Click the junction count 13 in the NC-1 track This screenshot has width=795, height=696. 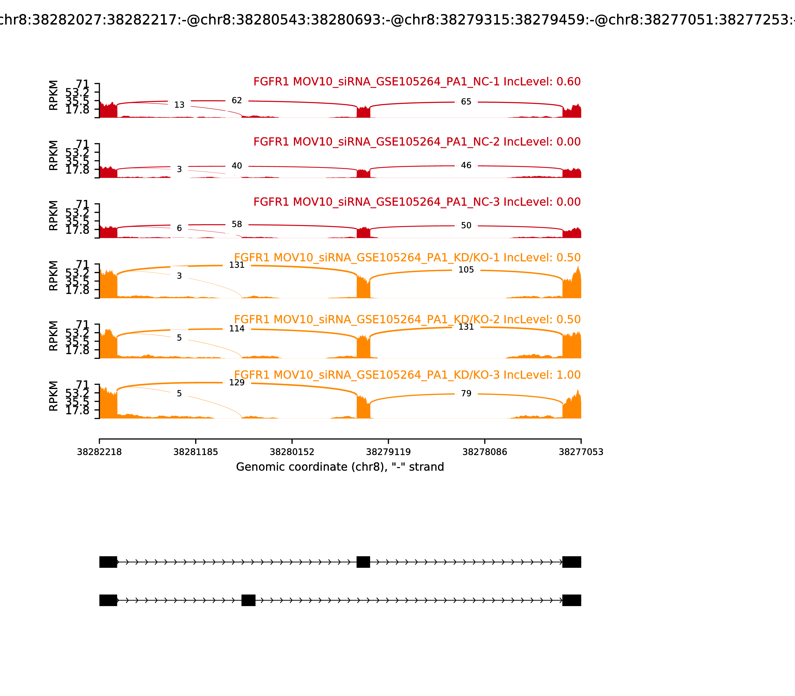coord(179,105)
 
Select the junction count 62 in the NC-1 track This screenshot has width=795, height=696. coord(237,101)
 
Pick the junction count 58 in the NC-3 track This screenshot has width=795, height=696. coord(237,224)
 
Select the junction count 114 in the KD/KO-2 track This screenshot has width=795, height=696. coord(237,329)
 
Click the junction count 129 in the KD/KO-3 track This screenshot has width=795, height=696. coord(237,383)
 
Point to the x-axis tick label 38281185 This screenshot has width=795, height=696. coord(196,452)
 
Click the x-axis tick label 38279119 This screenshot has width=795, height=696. coord(388,452)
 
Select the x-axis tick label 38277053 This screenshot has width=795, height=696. coord(581,452)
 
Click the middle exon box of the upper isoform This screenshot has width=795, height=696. coord(363,562)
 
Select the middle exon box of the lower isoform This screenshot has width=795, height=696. coord(248,600)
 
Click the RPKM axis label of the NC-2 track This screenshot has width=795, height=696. coord(54,155)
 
